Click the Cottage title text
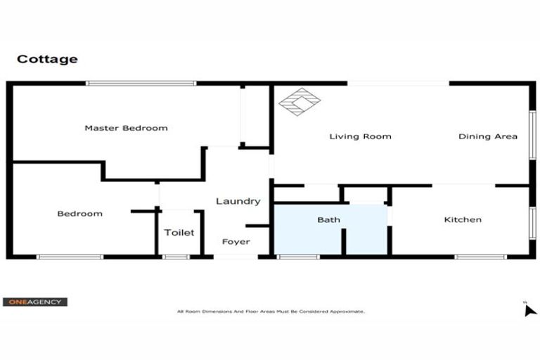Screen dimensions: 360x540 click(x=47, y=59)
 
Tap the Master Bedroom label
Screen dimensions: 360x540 click(x=126, y=128)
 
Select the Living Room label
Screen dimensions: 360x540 click(x=360, y=136)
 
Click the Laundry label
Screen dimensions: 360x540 click(x=238, y=201)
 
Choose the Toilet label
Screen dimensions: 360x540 click(x=179, y=233)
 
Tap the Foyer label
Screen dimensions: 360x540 click(x=236, y=242)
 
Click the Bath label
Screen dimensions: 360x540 click(x=328, y=220)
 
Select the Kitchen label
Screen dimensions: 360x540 click(x=463, y=220)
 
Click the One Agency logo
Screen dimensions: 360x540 click(x=35, y=302)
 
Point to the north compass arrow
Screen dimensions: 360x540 click(x=530, y=309)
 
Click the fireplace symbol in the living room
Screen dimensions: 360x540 click(x=300, y=102)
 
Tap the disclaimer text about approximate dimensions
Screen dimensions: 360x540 click(x=271, y=311)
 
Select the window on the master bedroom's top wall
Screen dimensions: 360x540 click(x=141, y=83)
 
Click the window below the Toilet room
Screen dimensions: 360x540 click(x=176, y=257)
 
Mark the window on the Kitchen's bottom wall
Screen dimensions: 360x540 click(x=480, y=257)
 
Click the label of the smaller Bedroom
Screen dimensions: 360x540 click(x=79, y=214)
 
